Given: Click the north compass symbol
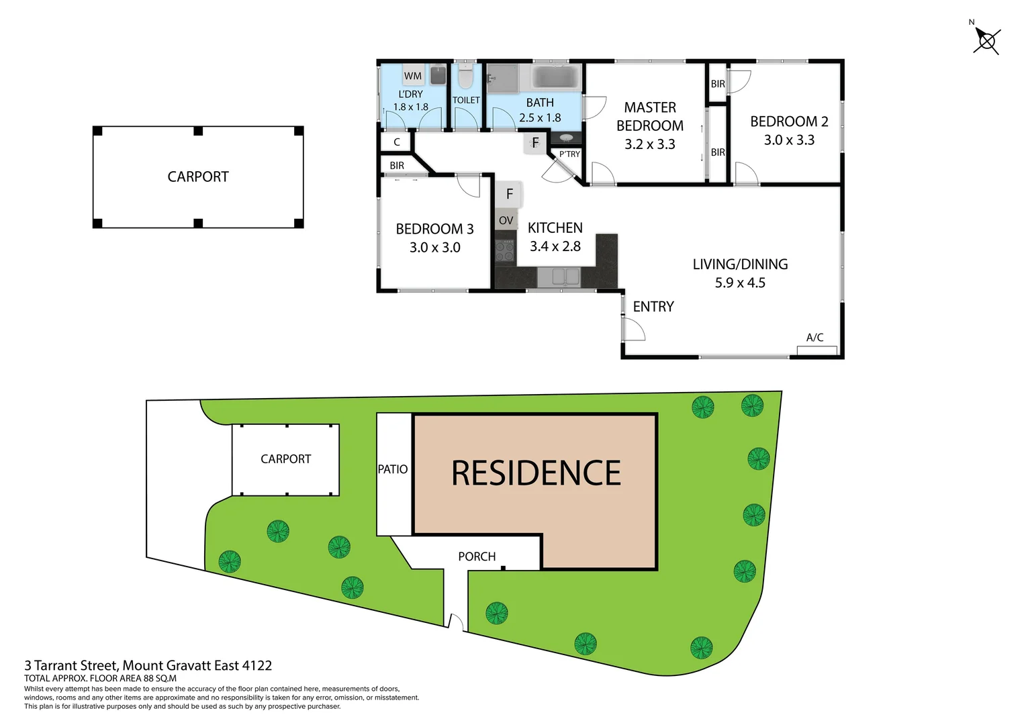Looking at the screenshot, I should pyautogui.click(x=986, y=41).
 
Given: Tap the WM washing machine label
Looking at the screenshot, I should pyautogui.click(x=413, y=76).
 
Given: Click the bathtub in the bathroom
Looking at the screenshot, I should pyautogui.click(x=555, y=77).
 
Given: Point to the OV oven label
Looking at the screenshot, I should pyautogui.click(x=506, y=220).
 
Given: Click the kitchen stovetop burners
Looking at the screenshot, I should pyautogui.click(x=505, y=251).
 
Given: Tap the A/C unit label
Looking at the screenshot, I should pyautogui.click(x=814, y=338).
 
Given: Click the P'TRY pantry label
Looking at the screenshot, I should pyautogui.click(x=569, y=154).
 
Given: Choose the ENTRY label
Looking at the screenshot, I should pyautogui.click(x=653, y=307).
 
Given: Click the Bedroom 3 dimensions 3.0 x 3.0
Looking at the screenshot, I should pyautogui.click(x=434, y=248).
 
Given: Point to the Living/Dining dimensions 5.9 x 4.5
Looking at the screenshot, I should pyautogui.click(x=740, y=283).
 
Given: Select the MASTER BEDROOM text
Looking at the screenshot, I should pyautogui.click(x=649, y=117).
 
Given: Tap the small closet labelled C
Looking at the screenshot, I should pyautogui.click(x=397, y=142).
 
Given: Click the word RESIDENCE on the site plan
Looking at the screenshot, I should pyautogui.click(x=536, y=473).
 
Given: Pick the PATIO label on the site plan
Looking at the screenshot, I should pyautogui.click(x=393, y=469).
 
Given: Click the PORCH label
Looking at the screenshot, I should pyautogui.click(x=477, y=557).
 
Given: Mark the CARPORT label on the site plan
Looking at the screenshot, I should pyautogui.click(x=285, y=459).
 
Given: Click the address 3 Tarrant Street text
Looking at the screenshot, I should pyautogui.click(x=148, y=665).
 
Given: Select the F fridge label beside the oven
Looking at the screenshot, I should pyautogui.click(x=510, y=194).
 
